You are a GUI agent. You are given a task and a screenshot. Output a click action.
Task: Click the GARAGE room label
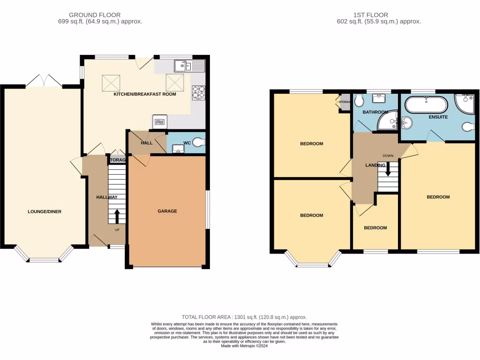click(167, 211)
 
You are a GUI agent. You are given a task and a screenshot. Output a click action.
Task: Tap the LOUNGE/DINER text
click(45, 211)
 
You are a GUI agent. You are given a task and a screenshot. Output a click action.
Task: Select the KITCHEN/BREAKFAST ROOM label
click(145, 94)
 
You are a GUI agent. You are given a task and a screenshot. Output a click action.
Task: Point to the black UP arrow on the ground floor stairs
click(117, 217)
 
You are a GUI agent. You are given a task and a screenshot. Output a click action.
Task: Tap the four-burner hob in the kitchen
click(199, 92)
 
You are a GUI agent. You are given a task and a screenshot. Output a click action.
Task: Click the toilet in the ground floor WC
click(199, 141)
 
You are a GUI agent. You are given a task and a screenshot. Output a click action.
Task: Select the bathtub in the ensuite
click(426, 104)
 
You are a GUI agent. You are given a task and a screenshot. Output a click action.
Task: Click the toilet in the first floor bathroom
click(359, 100)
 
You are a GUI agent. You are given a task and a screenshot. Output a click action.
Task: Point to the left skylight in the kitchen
click(112, 84)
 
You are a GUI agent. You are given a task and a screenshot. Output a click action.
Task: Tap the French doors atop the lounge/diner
click(44, 82)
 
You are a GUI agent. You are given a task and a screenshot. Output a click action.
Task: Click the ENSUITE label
click(438, 117)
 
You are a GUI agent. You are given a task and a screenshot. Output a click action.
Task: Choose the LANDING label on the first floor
click(375, 165)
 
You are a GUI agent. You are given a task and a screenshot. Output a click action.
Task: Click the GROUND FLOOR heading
click(95, 15)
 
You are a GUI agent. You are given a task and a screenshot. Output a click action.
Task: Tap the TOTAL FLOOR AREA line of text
click(244, 317)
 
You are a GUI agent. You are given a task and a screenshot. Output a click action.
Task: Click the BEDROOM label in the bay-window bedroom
click(311, 215)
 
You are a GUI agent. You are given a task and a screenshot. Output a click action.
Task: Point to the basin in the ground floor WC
click(178, 149)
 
